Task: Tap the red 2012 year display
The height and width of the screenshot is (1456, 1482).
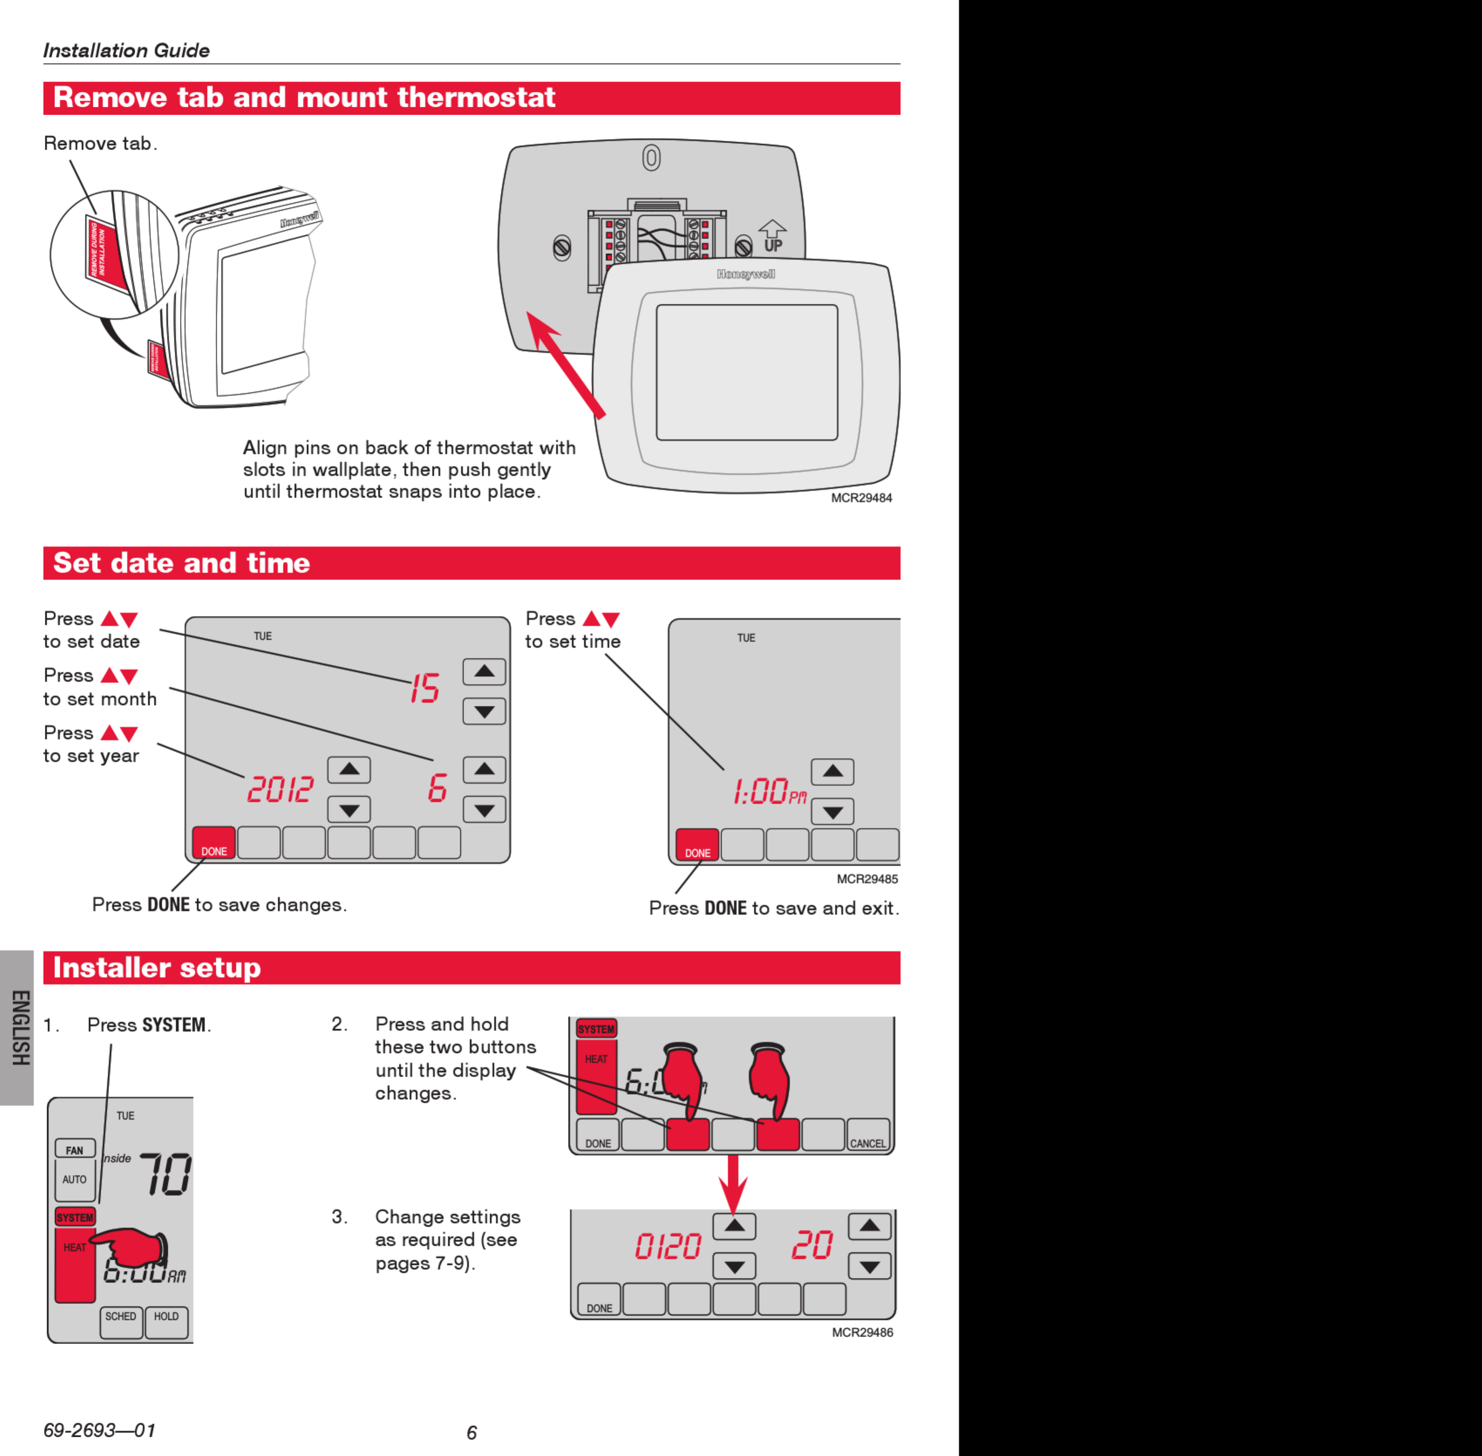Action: coord(280,789)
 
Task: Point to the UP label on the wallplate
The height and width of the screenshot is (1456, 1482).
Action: coord(773,245)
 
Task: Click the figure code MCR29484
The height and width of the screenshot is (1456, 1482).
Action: coord(861,498)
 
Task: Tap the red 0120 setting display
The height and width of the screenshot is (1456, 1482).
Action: coord(668,1246)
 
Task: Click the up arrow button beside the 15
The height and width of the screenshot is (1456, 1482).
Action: coord(484,671)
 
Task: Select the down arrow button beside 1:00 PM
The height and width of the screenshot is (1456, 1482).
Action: coord(832,811)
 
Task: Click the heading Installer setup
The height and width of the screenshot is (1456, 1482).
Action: coord(157,967)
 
